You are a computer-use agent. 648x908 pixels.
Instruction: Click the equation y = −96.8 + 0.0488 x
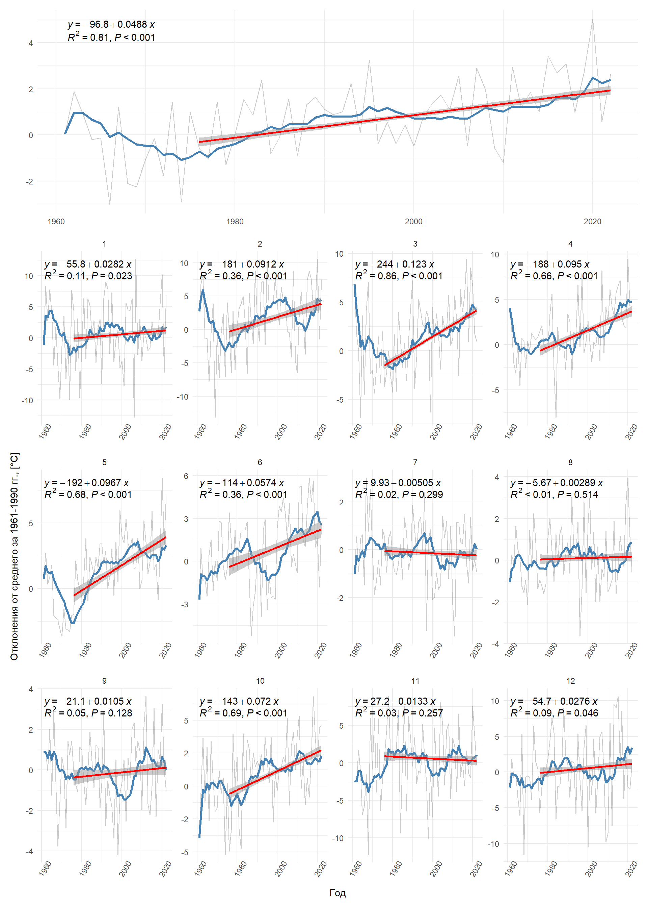click(111, 24)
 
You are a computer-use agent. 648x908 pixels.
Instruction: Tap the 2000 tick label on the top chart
click(413, 222)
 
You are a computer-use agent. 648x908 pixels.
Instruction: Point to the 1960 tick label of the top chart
click(56, 222)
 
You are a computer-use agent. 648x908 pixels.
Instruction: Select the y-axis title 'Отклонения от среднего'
click(15, 556)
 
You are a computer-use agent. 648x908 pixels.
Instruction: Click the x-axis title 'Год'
click(337, 893)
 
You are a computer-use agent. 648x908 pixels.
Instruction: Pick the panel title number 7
click(415, 462)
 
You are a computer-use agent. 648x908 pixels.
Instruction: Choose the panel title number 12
click(571, 681)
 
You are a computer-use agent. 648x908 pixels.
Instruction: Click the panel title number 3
click(415, 244)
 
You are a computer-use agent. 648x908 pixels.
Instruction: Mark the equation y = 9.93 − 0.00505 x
click(398, 483)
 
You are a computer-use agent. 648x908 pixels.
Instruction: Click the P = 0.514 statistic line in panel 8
click(554, 494)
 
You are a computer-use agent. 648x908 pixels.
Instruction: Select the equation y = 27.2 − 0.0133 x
click(395, 701)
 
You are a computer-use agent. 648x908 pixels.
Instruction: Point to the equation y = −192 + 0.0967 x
click(87, 483)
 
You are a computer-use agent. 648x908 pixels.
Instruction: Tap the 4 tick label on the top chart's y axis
click(31, 43)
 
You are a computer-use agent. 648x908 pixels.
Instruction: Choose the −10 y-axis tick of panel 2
click(182, 397)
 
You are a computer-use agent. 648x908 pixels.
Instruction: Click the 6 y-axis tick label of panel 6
click(186, 476)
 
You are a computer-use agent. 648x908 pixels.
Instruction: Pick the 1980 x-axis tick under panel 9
click(85, 869)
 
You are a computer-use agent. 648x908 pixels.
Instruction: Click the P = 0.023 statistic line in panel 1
click(88, 276)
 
